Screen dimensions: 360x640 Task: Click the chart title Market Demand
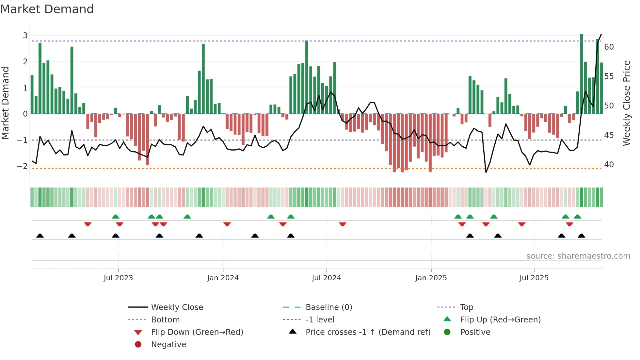[x=47, y=9]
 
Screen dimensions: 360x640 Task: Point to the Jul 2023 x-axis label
[x=118, y=278]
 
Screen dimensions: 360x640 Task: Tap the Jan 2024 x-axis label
[x=223, y=278]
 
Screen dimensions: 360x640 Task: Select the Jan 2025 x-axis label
[x=431, y=278]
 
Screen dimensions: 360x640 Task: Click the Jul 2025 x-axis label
[x=534, y=278]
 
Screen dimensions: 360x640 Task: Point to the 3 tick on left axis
[x=25, y=36]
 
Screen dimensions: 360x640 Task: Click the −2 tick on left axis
[x=23, y=166]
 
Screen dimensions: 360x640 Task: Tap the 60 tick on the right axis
[x=609, y=47]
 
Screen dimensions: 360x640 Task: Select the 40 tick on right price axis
[x=609, y=165]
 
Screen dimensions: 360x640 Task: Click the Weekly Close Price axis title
[x=627, y=103]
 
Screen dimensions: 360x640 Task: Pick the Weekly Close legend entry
[x=177, y=307]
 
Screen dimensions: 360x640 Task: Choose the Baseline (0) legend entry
[x=329, y=307]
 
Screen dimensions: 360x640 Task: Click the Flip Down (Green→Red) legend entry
[x=197, y=332]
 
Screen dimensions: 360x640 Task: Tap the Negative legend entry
[x=168, y=345]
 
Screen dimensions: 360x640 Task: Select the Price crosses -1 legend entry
[x=368, y=332]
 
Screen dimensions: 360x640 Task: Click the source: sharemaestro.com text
[x=578, y=256]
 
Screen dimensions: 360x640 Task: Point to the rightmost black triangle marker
[x=582, y=236]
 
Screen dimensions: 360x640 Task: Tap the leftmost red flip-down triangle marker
[x=88, y=224]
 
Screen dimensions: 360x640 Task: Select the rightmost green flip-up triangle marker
[x=577, y=217]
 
